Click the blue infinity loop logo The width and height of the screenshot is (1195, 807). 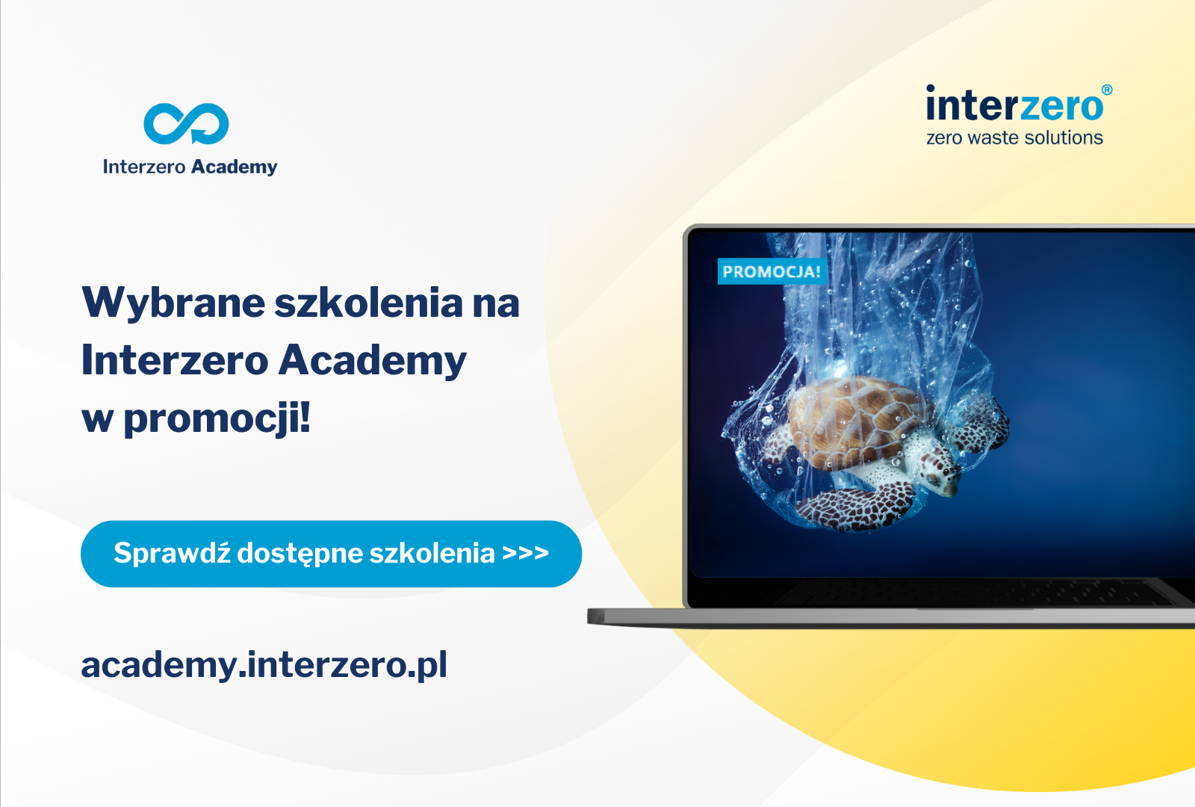click(186, 123)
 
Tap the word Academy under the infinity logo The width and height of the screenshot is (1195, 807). click(235, 167)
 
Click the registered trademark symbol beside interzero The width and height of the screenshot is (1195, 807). click(1107, 90)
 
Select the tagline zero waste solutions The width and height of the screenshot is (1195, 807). click(1015, 137)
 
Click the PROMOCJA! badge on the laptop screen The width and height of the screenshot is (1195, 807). click(772, 271)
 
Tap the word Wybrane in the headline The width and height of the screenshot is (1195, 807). click(173, 303)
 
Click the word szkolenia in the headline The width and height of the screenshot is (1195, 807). click(369, 303)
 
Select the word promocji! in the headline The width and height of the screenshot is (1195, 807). click(217, 419)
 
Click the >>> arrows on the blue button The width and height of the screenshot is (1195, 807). click(526, 553)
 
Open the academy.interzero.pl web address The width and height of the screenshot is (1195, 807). click(264, 665)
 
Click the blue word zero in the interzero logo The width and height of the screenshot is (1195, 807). click(1061, 105)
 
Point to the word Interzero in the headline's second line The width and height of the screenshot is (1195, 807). click(175, 361)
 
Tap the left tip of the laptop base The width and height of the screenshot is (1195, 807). click(589, 616)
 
